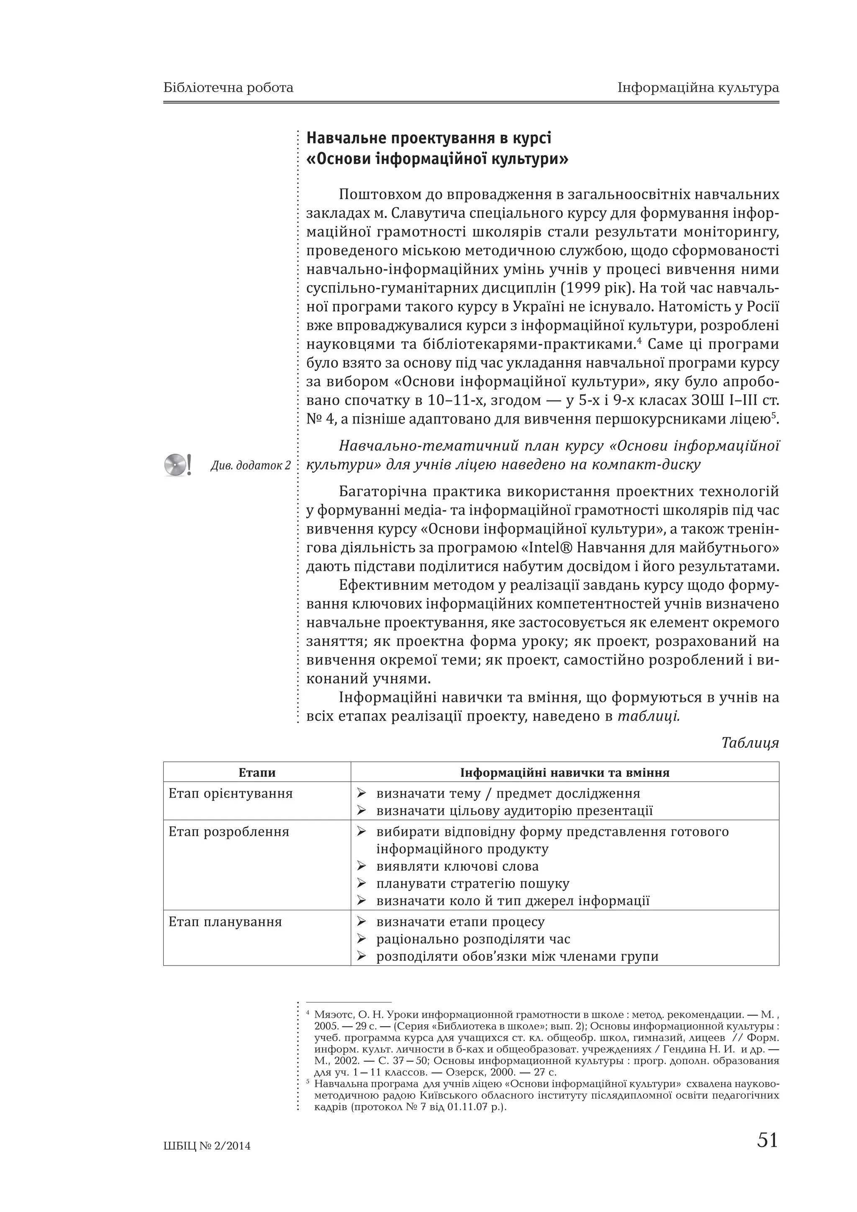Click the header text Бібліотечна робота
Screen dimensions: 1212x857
pyautogui.click(x=228, y=87)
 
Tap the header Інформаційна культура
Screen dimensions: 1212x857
pyautogui.click(x=698, y=87)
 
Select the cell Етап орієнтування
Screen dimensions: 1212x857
pyautogui.click(x=230, y=793)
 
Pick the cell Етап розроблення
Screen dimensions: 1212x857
pyautogui.click(x=228, y=832)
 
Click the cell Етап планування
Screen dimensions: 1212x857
pyautogui.click(x=225, y=922)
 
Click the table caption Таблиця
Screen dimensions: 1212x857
pyautogui.click(x=750, y=743)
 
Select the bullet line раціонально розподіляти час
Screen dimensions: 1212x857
pyautogui.click(x=473, y=939)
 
